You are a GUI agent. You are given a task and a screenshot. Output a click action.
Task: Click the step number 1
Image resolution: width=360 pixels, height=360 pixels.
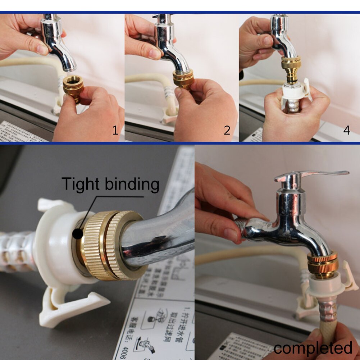click(115, 130)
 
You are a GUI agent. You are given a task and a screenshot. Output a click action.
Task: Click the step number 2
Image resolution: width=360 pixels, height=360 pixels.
click(227, 130)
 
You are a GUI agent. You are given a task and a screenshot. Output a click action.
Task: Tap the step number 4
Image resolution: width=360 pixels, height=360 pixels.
click(346, 130)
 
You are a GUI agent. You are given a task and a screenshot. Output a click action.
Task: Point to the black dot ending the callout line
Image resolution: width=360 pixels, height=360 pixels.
click(77, 234)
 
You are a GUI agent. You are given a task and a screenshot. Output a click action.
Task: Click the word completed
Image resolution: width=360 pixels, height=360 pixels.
click(313, 348)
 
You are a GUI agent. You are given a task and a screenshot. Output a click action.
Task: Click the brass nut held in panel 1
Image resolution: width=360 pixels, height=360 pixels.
click(73, 88)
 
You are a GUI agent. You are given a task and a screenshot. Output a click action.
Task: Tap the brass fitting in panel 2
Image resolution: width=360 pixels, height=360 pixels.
click(183, 79)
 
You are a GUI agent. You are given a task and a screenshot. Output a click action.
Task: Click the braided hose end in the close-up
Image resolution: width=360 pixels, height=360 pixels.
click(16, 252)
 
